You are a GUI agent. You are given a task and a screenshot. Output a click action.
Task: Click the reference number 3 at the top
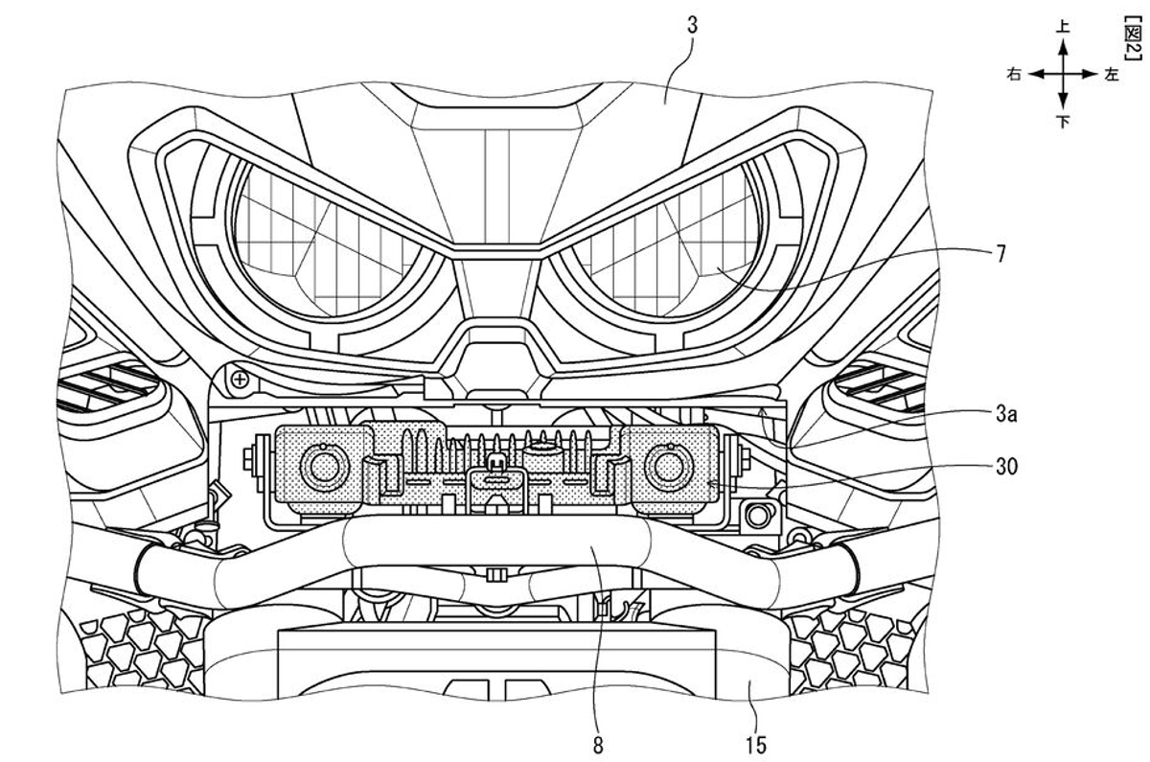coord(692,25)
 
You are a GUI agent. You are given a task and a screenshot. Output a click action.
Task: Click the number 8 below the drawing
coord(599,745)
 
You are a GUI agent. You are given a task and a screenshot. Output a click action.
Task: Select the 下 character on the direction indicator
coord(1063,122)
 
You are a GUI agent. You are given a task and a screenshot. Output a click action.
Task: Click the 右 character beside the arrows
coord(1014,75)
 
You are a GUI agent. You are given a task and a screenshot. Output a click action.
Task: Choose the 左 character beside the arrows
coord(1112,75)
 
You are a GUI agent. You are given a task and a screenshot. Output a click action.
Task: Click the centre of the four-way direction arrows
coord(1063,75)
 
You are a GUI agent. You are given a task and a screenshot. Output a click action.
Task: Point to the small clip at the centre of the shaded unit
coord(494,467)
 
